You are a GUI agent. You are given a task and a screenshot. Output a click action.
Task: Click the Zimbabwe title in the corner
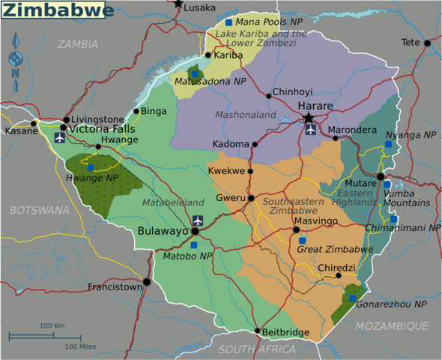pyautogui.click(x=58, y=10)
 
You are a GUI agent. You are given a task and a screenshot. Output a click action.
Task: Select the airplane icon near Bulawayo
pyautogui.click(x=197, y=220)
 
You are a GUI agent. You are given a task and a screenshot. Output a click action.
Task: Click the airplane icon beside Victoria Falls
pyautogui.click(x=60, y=138)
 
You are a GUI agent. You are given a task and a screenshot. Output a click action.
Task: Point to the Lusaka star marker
pyautogui.click(x=178, y=4)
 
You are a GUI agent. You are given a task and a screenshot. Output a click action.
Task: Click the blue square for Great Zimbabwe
pyautogui.click(x=303, y=240)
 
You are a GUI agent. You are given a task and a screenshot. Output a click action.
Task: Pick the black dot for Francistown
pyautogui.click(x=147, y=281)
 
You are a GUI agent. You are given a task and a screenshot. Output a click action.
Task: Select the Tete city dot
pyautogui.click(x=427, y=43)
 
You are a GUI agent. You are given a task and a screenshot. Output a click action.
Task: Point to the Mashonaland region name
pyautogui.click(x=246, y=115)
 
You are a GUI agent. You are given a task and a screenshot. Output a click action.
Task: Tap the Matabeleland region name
pyautogui.click(x=173, y=202)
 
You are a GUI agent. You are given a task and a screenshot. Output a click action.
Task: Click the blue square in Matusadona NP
pyautogui.click(x=194, y=73)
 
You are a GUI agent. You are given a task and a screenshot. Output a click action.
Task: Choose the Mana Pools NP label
pyautogui.click(x=264, y=22)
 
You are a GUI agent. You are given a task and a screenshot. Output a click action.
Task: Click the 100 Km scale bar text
pyautogui.click(x=52, y=325)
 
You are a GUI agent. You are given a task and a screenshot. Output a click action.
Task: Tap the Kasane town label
pyautogui.click(x=16, y=130)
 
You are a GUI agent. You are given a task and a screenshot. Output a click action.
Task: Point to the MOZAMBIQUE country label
pyautogui.click(x=391, y=325)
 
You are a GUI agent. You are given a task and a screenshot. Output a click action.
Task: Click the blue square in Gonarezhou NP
pyautogui.click(x=352, y=298)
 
